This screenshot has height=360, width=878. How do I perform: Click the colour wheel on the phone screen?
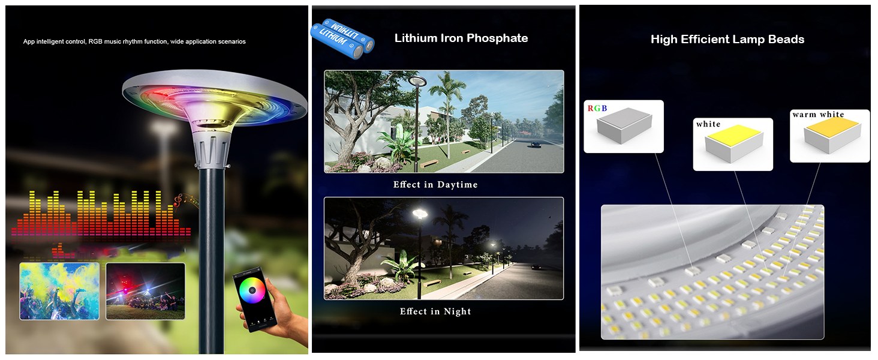pos(252,290)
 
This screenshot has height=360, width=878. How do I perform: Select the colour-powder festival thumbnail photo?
pos(59,292)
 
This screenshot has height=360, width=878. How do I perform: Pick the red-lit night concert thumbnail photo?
pos(145,292)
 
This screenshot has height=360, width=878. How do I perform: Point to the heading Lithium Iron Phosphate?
pos(461,38)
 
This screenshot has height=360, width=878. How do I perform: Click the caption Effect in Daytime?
pos(435,185)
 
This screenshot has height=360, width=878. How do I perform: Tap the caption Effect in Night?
pos(435,311)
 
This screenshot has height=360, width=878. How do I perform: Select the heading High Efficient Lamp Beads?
pos(727,39)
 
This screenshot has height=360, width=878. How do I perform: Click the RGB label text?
pos(597,108)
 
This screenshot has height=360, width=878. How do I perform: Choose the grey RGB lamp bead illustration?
pos(624,125)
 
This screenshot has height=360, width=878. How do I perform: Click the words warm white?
pos(818,115)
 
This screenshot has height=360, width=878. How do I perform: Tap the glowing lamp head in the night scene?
pos(420,214)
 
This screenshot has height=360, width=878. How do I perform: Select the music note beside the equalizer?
pos(178,200)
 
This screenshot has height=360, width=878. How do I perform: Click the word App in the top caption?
pos(29,41)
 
